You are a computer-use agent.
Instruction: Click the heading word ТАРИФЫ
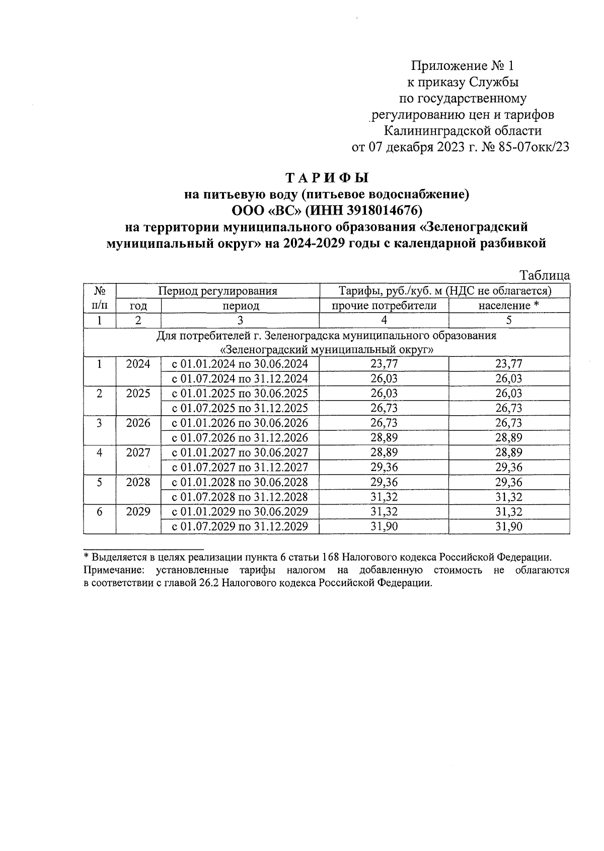[x=327, y=178]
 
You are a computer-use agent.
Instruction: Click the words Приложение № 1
[x=463, y=66]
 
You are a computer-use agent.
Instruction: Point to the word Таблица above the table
[x=545, y=275]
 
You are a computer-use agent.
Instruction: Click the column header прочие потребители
[x=384, y=306]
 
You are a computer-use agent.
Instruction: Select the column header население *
[x=508, y=306]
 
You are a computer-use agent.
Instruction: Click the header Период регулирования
[x=217, y=291]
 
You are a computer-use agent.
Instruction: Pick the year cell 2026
[x=138, y=423]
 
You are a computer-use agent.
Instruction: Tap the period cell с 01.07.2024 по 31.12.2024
[x=240, y=379]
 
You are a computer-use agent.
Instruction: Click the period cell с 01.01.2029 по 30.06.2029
[x=240, y=512]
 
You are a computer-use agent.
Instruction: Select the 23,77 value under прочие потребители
[x=384, y=364]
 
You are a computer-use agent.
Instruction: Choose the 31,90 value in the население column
[x=508, y=527]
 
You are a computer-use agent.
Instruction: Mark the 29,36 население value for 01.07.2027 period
[x=508, y=467]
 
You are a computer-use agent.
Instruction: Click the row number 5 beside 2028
[x=100, y=483]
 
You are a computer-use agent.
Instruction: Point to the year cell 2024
[x=138, y=364]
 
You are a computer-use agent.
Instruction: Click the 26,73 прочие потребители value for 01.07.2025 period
[x=384, y=408]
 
